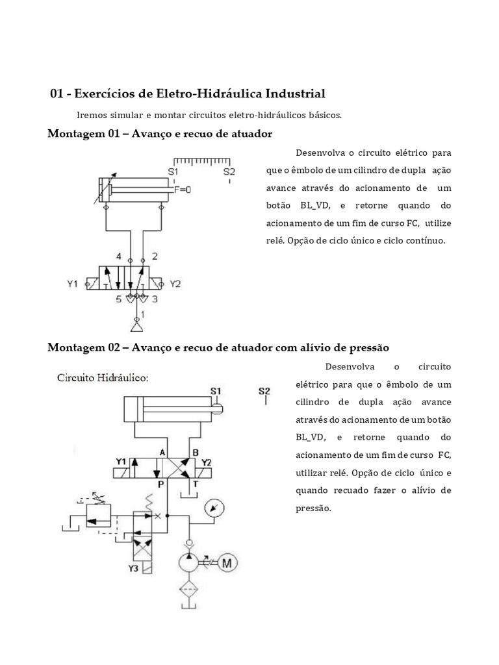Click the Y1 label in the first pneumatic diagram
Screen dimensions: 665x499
pos(72,284)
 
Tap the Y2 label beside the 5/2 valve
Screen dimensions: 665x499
pos(175,284)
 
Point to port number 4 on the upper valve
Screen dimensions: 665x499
pos(119,256)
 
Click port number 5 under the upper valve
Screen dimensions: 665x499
pos(119,299)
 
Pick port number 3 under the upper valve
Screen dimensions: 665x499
pos(155,299)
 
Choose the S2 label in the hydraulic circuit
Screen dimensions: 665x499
pos(264,391)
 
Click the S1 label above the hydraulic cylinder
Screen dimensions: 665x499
pos(216,390)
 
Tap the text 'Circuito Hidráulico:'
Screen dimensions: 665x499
pos(103,377)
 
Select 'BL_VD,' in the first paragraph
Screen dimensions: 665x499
pos(316,205)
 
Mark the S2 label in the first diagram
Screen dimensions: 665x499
pos(229,171)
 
